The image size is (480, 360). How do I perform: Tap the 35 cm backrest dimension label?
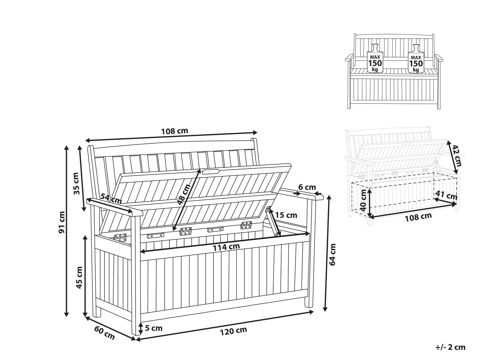click(x=76, y=183)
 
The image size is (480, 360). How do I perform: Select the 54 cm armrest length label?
click(x=111, y=199)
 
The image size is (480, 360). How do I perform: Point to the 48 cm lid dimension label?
click(x=185, y=194)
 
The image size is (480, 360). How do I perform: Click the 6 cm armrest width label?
click(x=307, y=187)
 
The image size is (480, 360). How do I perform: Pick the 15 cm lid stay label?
click(x=286, y=215)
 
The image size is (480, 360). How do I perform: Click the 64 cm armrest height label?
click(x=332, y=254)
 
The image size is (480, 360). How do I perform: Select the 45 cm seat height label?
click(x=79, y=278)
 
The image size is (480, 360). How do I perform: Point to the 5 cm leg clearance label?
click(x=154, y=328)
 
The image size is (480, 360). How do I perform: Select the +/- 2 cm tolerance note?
click(x=450, y=347)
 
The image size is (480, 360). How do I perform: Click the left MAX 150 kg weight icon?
click(x=375, y=58)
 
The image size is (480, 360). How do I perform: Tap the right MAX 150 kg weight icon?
click(x=416, y=58)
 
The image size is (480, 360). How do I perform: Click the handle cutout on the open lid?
click(x=211, y=171)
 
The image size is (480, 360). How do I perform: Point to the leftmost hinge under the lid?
click(x=120, y=237)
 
